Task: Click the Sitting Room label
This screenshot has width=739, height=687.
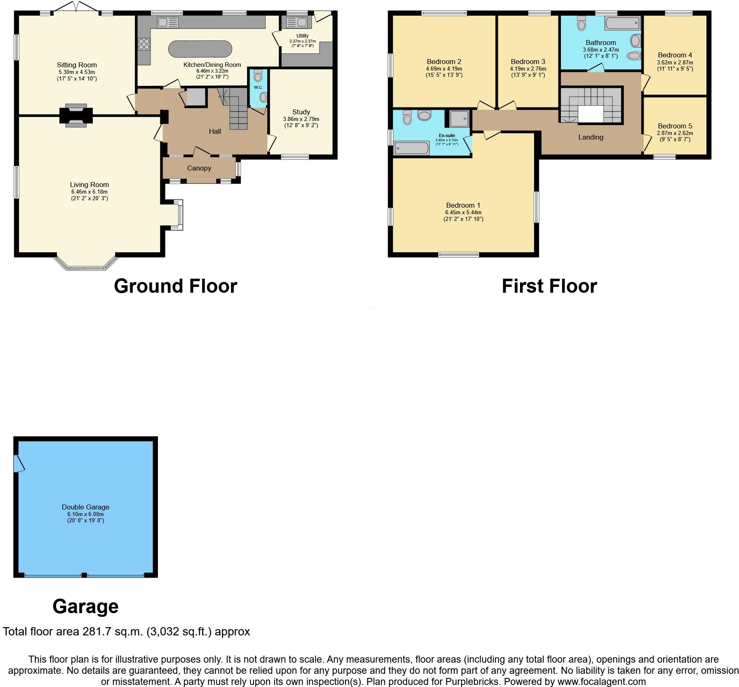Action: [77, 65]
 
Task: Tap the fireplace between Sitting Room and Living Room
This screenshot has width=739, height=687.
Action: [76, 114]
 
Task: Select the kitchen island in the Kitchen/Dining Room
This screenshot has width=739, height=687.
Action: [200, 49]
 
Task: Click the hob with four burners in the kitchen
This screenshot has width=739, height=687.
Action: [144, 43]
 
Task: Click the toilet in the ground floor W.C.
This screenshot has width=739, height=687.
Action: [258, 76]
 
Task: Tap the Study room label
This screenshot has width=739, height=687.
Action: [301, 112]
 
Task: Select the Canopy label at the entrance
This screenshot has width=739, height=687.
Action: [199, 168]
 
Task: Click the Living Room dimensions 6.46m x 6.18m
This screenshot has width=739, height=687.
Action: [89, 192]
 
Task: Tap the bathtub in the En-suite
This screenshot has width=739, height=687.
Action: [411, 148]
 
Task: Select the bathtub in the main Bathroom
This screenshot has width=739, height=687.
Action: [622, 23]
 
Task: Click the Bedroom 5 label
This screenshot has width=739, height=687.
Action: [675, 126]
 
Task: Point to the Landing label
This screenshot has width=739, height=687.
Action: [591, 137]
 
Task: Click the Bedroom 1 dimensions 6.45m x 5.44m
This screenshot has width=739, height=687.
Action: [463, 212]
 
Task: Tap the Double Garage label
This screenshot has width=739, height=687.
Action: [85, 507]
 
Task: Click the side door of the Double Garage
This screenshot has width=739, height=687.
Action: [18, 464]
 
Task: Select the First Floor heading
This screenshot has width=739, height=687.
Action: [549, 286]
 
